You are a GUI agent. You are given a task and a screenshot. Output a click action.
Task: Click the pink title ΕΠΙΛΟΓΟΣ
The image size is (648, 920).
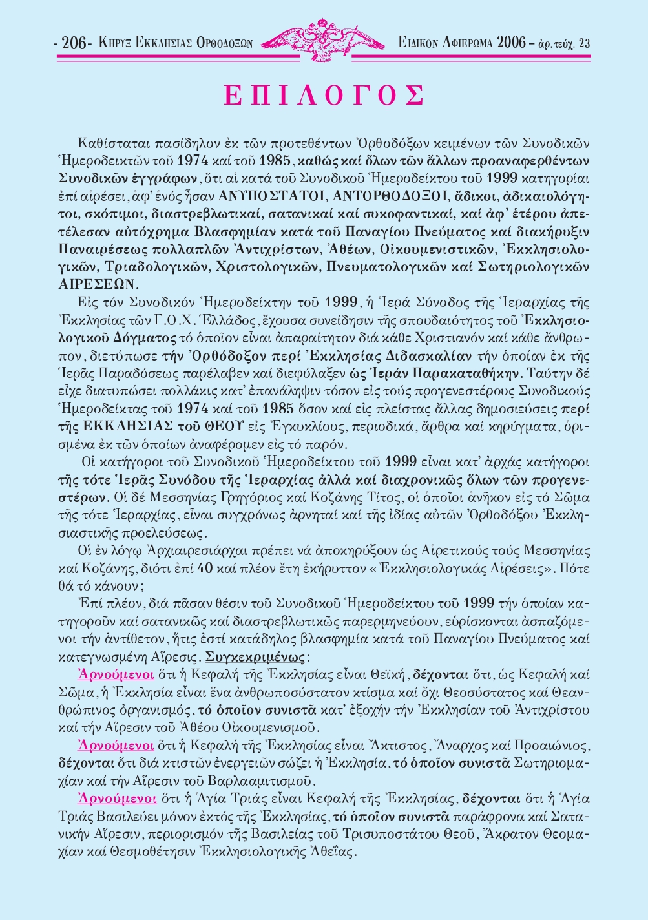(324, 96)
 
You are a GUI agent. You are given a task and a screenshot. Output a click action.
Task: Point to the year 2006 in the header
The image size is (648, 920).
(512, 44)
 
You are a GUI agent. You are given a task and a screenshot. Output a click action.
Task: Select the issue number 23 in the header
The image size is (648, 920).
(584, 44)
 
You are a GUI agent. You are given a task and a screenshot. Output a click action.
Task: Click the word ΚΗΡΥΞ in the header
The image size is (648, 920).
(116, 44)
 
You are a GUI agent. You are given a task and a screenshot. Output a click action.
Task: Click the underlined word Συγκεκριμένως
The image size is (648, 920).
(255, 658)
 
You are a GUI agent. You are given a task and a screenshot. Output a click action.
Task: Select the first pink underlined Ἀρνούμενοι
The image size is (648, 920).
(116, 675)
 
